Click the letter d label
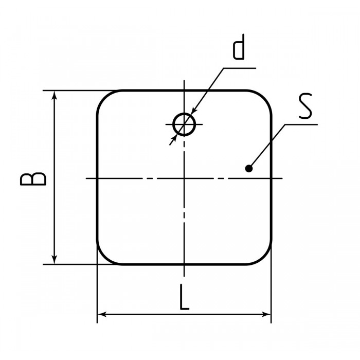click(x=239, y=47)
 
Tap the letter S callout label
click(x=305, y=106)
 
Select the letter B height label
click(x=33, y=179)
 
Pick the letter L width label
click(x=184, y=297)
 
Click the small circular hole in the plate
click(x=184, y=114)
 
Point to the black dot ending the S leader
click(x=249, y=169)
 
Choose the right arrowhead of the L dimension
click(x=266, y=314)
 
